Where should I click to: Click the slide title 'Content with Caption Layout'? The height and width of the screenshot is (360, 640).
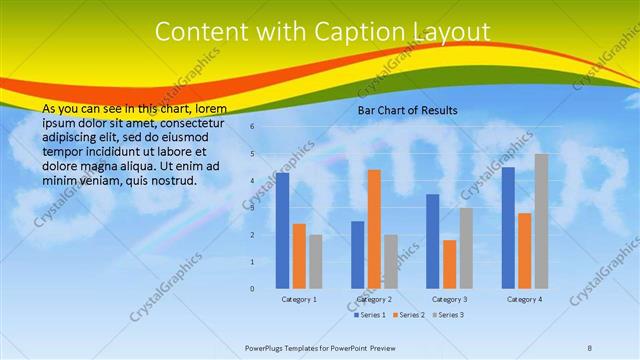pos(322,32)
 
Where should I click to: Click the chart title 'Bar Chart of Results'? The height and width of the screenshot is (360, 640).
pos(408,110)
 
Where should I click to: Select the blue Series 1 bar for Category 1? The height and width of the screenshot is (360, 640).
pos(283,230)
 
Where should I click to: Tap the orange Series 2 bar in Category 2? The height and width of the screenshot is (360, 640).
pos(374,229)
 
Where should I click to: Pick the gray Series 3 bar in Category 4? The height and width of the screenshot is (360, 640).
pos(541,221)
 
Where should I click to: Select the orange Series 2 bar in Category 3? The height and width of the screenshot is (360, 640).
pos(449,264)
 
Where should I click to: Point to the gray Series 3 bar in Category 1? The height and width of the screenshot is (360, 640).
pos(316,261)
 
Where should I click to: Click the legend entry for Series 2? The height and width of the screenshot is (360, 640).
pos(408,315)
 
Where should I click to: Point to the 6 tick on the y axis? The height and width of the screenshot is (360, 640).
pos(253,127)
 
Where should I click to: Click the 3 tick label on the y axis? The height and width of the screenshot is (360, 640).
pos(253,208)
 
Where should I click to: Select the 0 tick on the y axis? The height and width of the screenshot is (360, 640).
pos(253,289)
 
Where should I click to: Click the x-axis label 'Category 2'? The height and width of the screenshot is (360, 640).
pos(374,299)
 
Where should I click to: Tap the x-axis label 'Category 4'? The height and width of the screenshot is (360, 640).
pos(524,299)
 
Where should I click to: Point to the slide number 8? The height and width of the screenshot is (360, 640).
pos(590,348)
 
